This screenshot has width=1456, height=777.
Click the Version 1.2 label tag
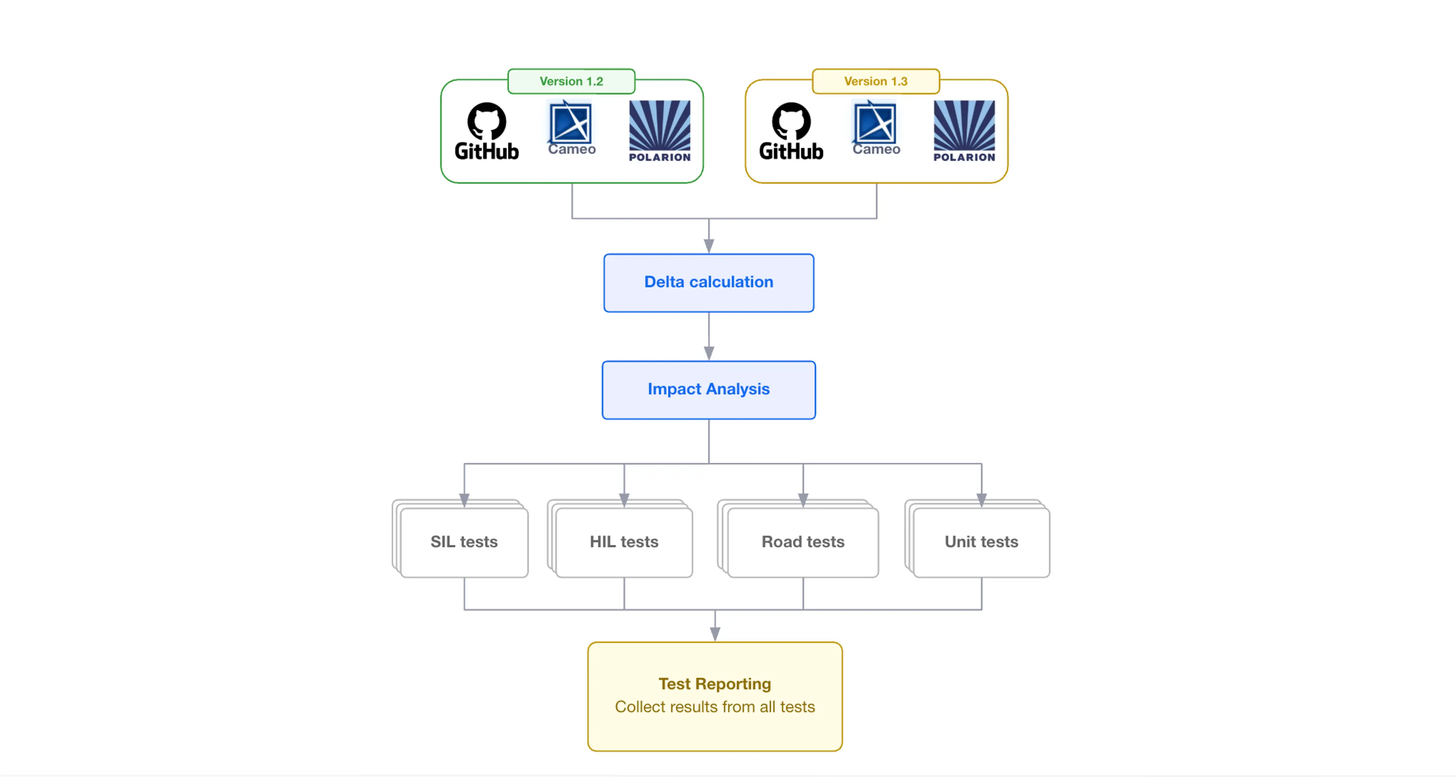[571, 81]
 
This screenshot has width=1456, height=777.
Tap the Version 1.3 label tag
[875, 81]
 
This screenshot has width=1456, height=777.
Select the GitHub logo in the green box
[486, 131]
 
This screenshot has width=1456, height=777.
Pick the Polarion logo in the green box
[660, 131]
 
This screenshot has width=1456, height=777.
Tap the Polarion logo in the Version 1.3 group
[964, 131]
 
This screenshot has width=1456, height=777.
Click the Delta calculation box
[709, 282]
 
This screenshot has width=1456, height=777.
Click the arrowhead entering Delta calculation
[709, 246]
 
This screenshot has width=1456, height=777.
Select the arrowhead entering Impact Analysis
[709, 353]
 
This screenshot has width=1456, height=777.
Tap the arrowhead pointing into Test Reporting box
[715, 634]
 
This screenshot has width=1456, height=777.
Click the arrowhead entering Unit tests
[981, 500]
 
